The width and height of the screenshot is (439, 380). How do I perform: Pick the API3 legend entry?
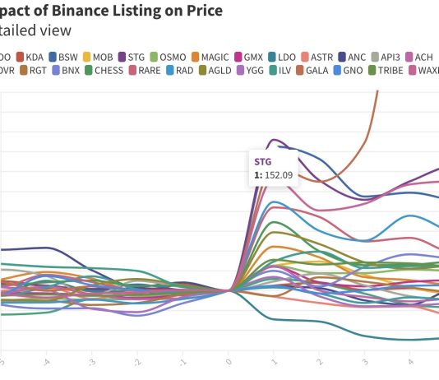pyautogui.click(x=390, y=58)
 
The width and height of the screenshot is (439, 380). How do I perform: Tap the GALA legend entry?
pyautogui.click(x=315, y=71)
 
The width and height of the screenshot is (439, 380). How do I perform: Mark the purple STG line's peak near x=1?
pyautogui.click(x=275, y=139)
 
